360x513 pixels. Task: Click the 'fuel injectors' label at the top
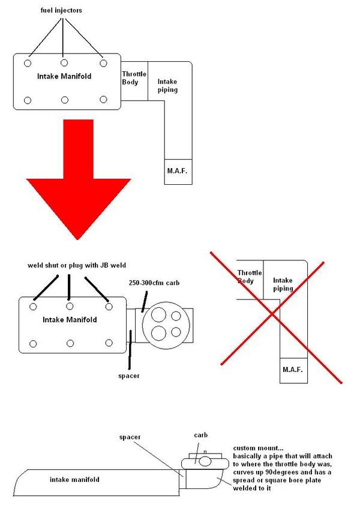click(x=61, y=10)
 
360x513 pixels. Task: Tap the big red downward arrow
click(x=78, y=176)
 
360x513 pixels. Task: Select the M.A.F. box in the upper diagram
click(x=178, y=172)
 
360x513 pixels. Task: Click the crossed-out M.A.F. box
click(x=293, y=370)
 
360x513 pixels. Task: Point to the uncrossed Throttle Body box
click(x=134, y=81)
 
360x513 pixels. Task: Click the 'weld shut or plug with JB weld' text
click(x=77, y=265)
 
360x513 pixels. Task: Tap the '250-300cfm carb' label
click(x=154, y=283)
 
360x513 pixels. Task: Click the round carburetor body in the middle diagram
click(x=166, y=326)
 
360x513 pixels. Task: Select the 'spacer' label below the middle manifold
click(x=129, y=376)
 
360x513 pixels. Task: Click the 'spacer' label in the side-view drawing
click(x=130, y=437)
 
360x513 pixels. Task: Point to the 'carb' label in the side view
click(x=200, y=435)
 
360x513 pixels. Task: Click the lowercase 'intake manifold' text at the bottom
click(x=74, y=479)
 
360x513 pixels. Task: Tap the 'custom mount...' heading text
click(x=257, y=448)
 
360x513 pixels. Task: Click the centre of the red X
click(x=272, y=314)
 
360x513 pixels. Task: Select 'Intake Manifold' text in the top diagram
click(x=64, y=76)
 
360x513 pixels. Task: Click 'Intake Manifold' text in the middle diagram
click(x=70, y=320)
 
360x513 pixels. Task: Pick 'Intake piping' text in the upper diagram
click(x=167, y=86)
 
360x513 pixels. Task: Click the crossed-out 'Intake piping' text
click(x=283, y=284)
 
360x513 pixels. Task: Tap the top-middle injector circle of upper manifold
click(x=64, y=62)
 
